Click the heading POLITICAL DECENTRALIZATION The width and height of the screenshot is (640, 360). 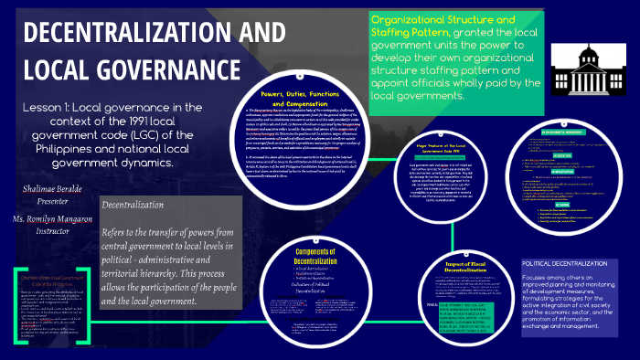(x=564, y=262)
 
